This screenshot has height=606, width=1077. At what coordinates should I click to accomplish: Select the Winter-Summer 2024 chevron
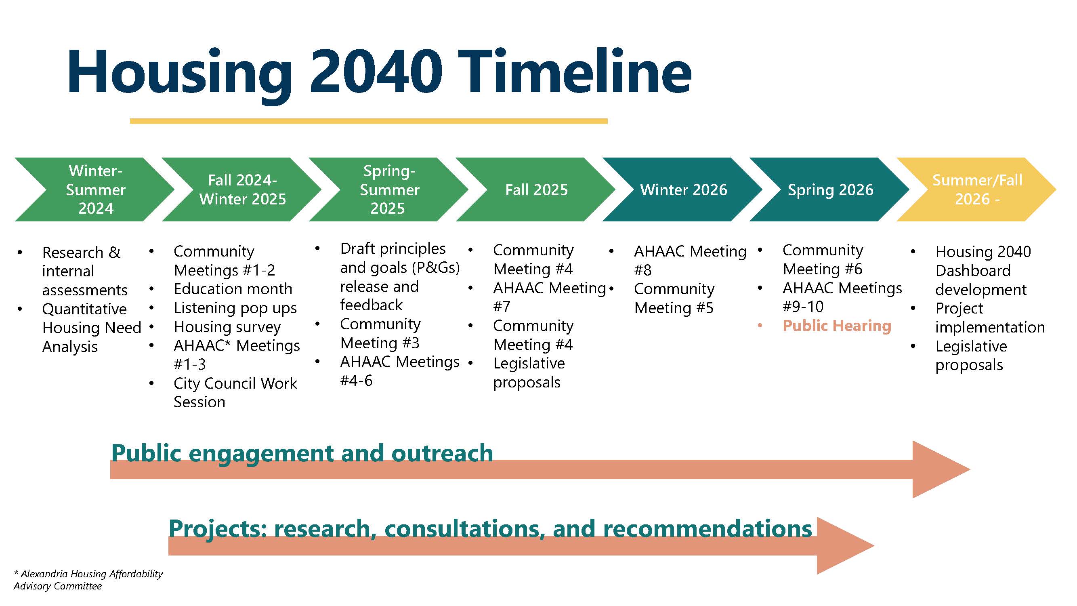95,189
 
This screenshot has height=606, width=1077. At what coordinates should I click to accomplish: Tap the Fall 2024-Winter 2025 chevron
242,189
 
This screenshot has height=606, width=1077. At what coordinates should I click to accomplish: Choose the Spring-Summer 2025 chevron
389,189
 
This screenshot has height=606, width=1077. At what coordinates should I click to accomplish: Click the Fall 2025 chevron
536,189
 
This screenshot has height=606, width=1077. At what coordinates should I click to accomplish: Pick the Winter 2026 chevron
684,189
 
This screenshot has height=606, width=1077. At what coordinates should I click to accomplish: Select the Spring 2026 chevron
830,189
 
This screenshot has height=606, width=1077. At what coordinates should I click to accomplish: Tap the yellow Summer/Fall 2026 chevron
977,189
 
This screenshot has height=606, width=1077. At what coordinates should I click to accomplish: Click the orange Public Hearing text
837,326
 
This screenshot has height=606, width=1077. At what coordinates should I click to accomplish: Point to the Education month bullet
233,289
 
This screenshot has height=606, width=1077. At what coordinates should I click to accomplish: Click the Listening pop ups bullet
235,308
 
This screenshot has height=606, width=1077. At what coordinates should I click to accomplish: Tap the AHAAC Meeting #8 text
690,260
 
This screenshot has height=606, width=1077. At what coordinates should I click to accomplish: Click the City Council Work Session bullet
235,392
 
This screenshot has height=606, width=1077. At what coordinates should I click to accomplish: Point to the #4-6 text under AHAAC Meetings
356,381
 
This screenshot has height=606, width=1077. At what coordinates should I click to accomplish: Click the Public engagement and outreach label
302,453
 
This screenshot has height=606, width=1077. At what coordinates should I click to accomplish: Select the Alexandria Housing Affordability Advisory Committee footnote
88,580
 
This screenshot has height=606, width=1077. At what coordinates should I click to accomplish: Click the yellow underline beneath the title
368,121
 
